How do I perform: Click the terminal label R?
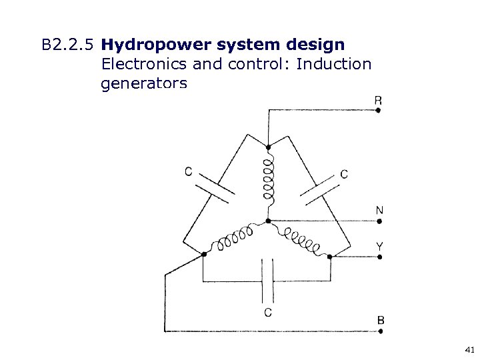coord(378,101)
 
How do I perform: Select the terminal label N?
coord(379,211)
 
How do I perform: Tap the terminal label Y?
coord(379,246)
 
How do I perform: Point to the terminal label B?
coord(380,321)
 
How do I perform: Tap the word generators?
coord(144,83)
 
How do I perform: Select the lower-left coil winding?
coord(234,239)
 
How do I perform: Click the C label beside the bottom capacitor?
coord(267,312)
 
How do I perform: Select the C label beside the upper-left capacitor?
coord(189,171)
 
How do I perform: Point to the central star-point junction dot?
coord(267,221)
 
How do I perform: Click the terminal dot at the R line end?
coord(378,111)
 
